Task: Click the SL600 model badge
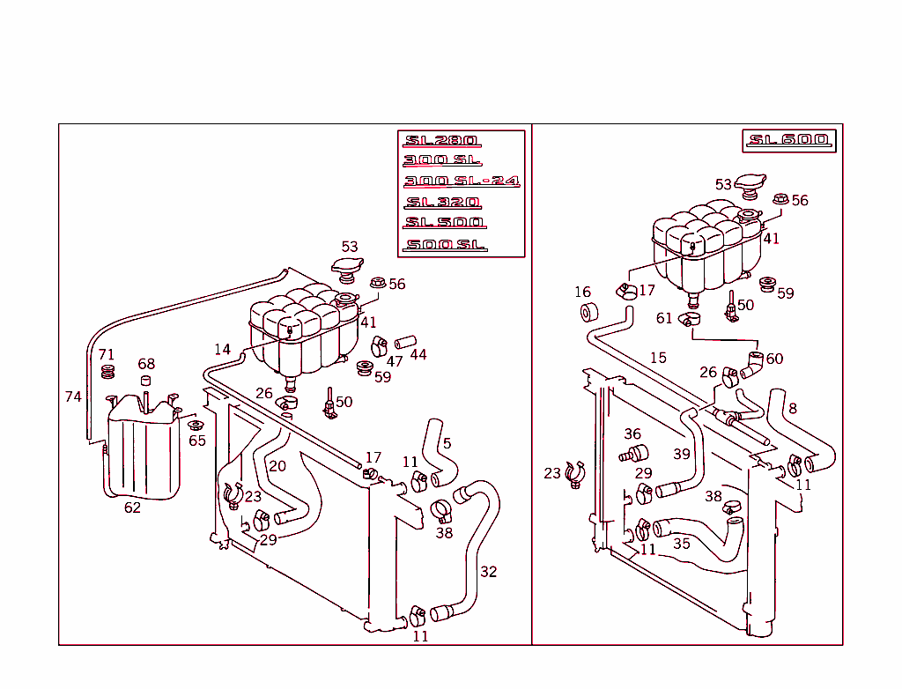[x=788, y=141]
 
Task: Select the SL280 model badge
[x=440, y=141]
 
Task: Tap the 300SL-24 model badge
[x=461, y=182]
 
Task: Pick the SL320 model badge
[x=442, y=203]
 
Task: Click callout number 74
[x=73, y=396]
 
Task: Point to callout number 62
[x=132, y=507]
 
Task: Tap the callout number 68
[x=146, y=364]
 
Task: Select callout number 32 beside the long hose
[x=488, y=572]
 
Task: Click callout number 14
[x=222, y=350]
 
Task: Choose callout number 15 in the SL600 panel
[x=658, y=358]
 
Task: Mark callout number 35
[x=682, y=545]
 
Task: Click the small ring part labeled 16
[x=589, y=312]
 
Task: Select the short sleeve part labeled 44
[x=403, y=342]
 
